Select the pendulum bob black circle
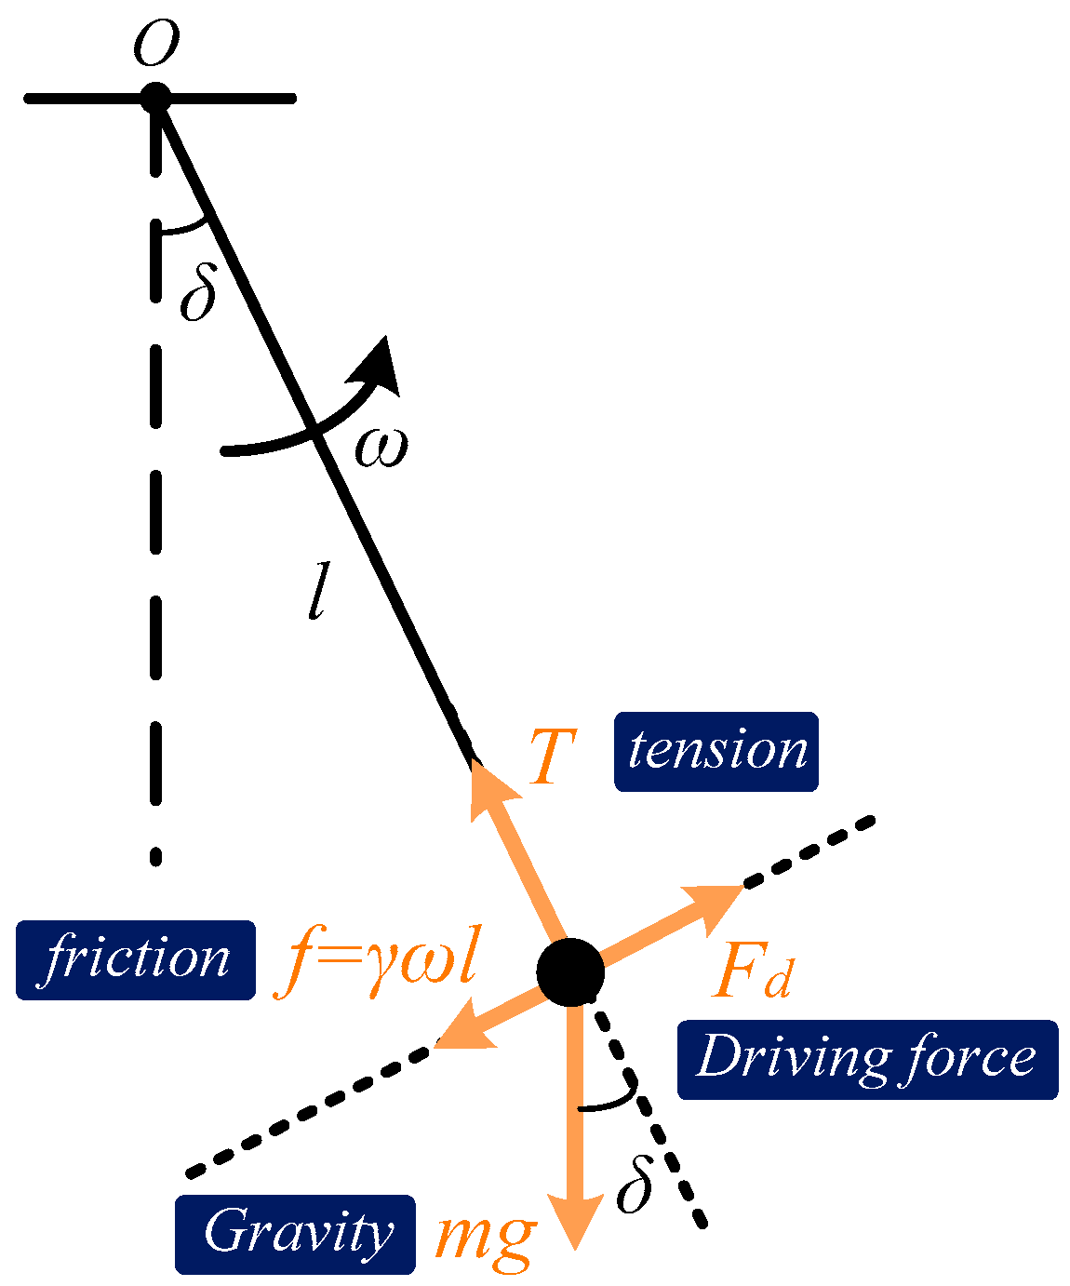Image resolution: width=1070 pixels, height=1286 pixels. [570, 972]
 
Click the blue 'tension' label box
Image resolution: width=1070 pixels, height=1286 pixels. [716, 752]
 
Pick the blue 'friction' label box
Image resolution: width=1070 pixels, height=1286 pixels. [136, 959]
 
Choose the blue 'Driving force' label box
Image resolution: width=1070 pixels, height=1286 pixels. [866, 1059]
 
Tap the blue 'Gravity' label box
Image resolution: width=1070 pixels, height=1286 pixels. [295, 1234]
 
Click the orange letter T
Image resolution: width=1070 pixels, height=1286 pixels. [552, 757]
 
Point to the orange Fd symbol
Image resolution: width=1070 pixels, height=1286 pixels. [753, 973]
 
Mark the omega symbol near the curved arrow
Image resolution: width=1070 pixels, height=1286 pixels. [381, 448]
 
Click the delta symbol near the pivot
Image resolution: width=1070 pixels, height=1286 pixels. [197, 294]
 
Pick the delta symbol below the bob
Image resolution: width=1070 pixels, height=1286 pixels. [635, 1186]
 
